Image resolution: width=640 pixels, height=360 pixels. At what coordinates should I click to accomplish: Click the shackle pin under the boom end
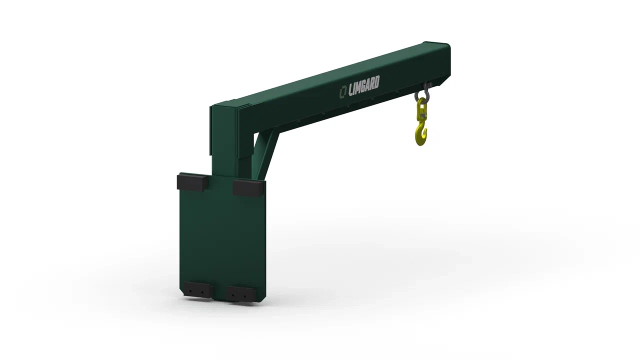pyautogui.click(x=427, y=84)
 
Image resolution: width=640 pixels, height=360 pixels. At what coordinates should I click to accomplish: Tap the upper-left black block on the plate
pyautogui.click(x=192, y=182)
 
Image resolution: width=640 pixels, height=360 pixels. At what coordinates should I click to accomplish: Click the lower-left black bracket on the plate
pyautogui.click(x=197, y=290)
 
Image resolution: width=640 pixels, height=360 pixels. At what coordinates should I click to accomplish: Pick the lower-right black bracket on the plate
pyautogui.click(x=240, y=294)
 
